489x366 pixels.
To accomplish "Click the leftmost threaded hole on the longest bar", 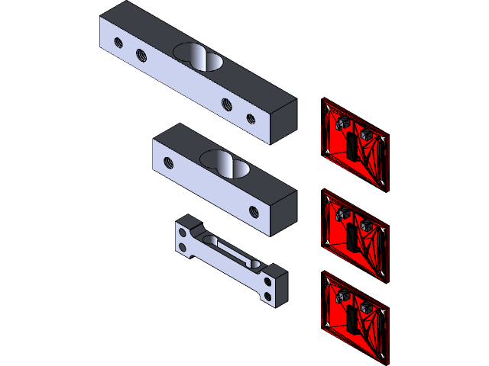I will click(x=116, y=42).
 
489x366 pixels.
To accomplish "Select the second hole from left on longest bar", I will click(x=141, y=54).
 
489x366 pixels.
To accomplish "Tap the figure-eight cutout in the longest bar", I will click(x=197, y=56).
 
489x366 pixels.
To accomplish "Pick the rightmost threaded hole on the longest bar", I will click(x=251, y=117).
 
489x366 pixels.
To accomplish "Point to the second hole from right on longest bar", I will click(x=226, y=104).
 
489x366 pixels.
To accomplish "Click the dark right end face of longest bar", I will click(x=283, y=120).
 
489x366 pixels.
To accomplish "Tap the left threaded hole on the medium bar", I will click(x=169, y=162).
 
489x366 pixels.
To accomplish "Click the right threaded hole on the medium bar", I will click(x=253, y=210).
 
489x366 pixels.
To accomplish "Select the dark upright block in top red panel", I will click(x=352, y=146).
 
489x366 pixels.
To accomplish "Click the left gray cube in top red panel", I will click(x=341, y=121).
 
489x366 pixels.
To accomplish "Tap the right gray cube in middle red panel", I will click(x=368, y=225).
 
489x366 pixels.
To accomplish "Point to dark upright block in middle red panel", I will click(x=352, y=236).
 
